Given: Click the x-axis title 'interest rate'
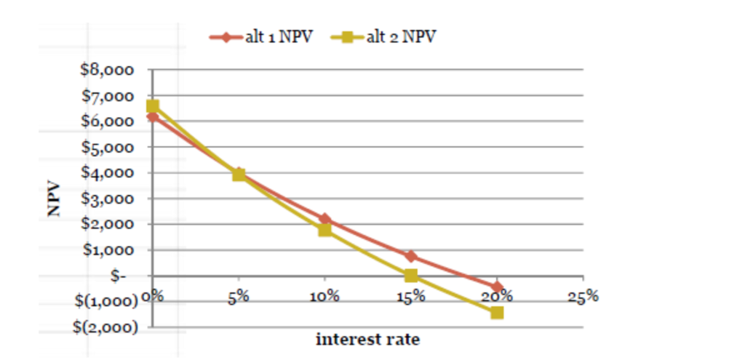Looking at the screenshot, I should pyautogui.click(x=367, y=339).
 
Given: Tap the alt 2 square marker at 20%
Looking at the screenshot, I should pyautogui.click(x=497, y=312).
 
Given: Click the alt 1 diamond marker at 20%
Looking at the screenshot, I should pyautogui.click(x=497, y=287).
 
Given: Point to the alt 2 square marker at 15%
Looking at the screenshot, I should pyautogui.click(x=411, y=276).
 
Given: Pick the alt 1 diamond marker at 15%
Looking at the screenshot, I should pyautogui.click(x=411, y=256).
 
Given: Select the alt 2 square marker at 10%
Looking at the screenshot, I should pyautogui.click(x=324, y=230).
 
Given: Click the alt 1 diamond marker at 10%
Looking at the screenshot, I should pyautogui.click(x=324, y=219).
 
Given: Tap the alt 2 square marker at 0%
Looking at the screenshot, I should pyautogui.click(x=152, y=106).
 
